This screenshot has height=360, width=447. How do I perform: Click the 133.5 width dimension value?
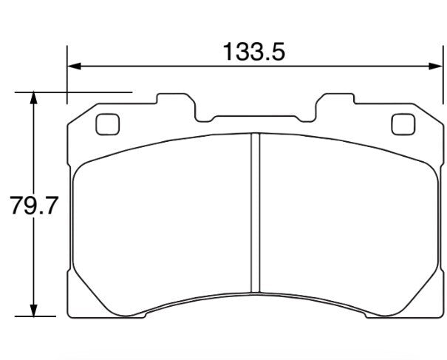point(253,52)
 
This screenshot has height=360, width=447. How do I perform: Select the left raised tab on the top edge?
point(176,104)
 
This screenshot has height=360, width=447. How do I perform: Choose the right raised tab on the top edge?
point(336,104)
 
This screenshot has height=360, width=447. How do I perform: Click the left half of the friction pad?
point(163,222)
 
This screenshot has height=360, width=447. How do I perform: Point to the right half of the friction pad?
point(347,222)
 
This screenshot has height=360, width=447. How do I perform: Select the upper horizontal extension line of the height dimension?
point(74,92)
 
